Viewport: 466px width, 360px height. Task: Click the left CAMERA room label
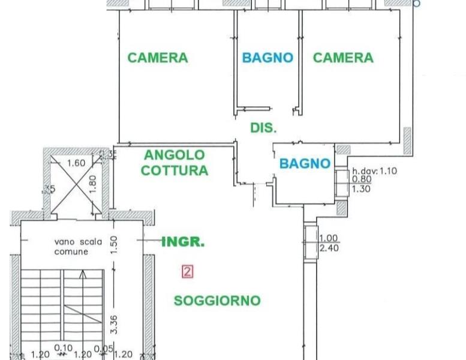[x=158, y=58]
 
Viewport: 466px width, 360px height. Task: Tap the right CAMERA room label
[x=343, y=58]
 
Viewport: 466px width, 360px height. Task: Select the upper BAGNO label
[x=267, y=58]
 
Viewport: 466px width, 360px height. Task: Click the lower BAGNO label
[x=305, y=163]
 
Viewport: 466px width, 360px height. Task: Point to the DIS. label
[x=263, y=128]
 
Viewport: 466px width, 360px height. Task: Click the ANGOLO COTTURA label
[x=175, y=163]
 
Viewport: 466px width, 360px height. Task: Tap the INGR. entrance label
[x=184, y=242]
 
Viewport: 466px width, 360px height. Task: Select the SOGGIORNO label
[x=217, y=301]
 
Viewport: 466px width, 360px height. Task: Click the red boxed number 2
[x=187, y=272]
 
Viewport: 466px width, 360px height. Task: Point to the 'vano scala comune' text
[x=78, y=247]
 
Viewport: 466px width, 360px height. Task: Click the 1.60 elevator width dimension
[x=76, y=163]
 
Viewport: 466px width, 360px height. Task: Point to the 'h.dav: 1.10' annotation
[x=374, y=170]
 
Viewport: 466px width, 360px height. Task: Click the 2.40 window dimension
[x=330, y=247]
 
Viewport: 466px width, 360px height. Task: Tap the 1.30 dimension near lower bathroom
[x=362, y=188]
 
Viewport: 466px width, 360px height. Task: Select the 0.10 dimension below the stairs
[x=63, y=348]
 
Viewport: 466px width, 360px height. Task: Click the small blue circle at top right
[x=417, y=3]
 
